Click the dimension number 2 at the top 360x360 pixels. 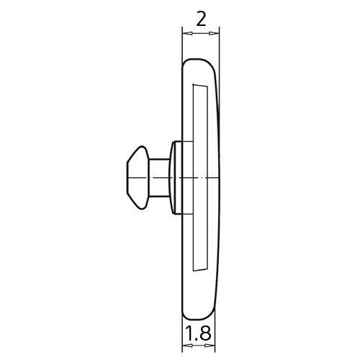(x=201, y=19)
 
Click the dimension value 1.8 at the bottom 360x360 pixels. (x=198, y=333)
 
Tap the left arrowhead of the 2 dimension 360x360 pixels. (x=187, y=33)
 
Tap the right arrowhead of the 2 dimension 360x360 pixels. (x=215, y=33)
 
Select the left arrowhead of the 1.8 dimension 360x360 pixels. (x=187, y=346)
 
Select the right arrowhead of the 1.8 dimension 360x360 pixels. (x=210, y=346)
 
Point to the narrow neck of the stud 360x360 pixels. (x=159, y=178)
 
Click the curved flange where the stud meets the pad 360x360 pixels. (x=174, y=178)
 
